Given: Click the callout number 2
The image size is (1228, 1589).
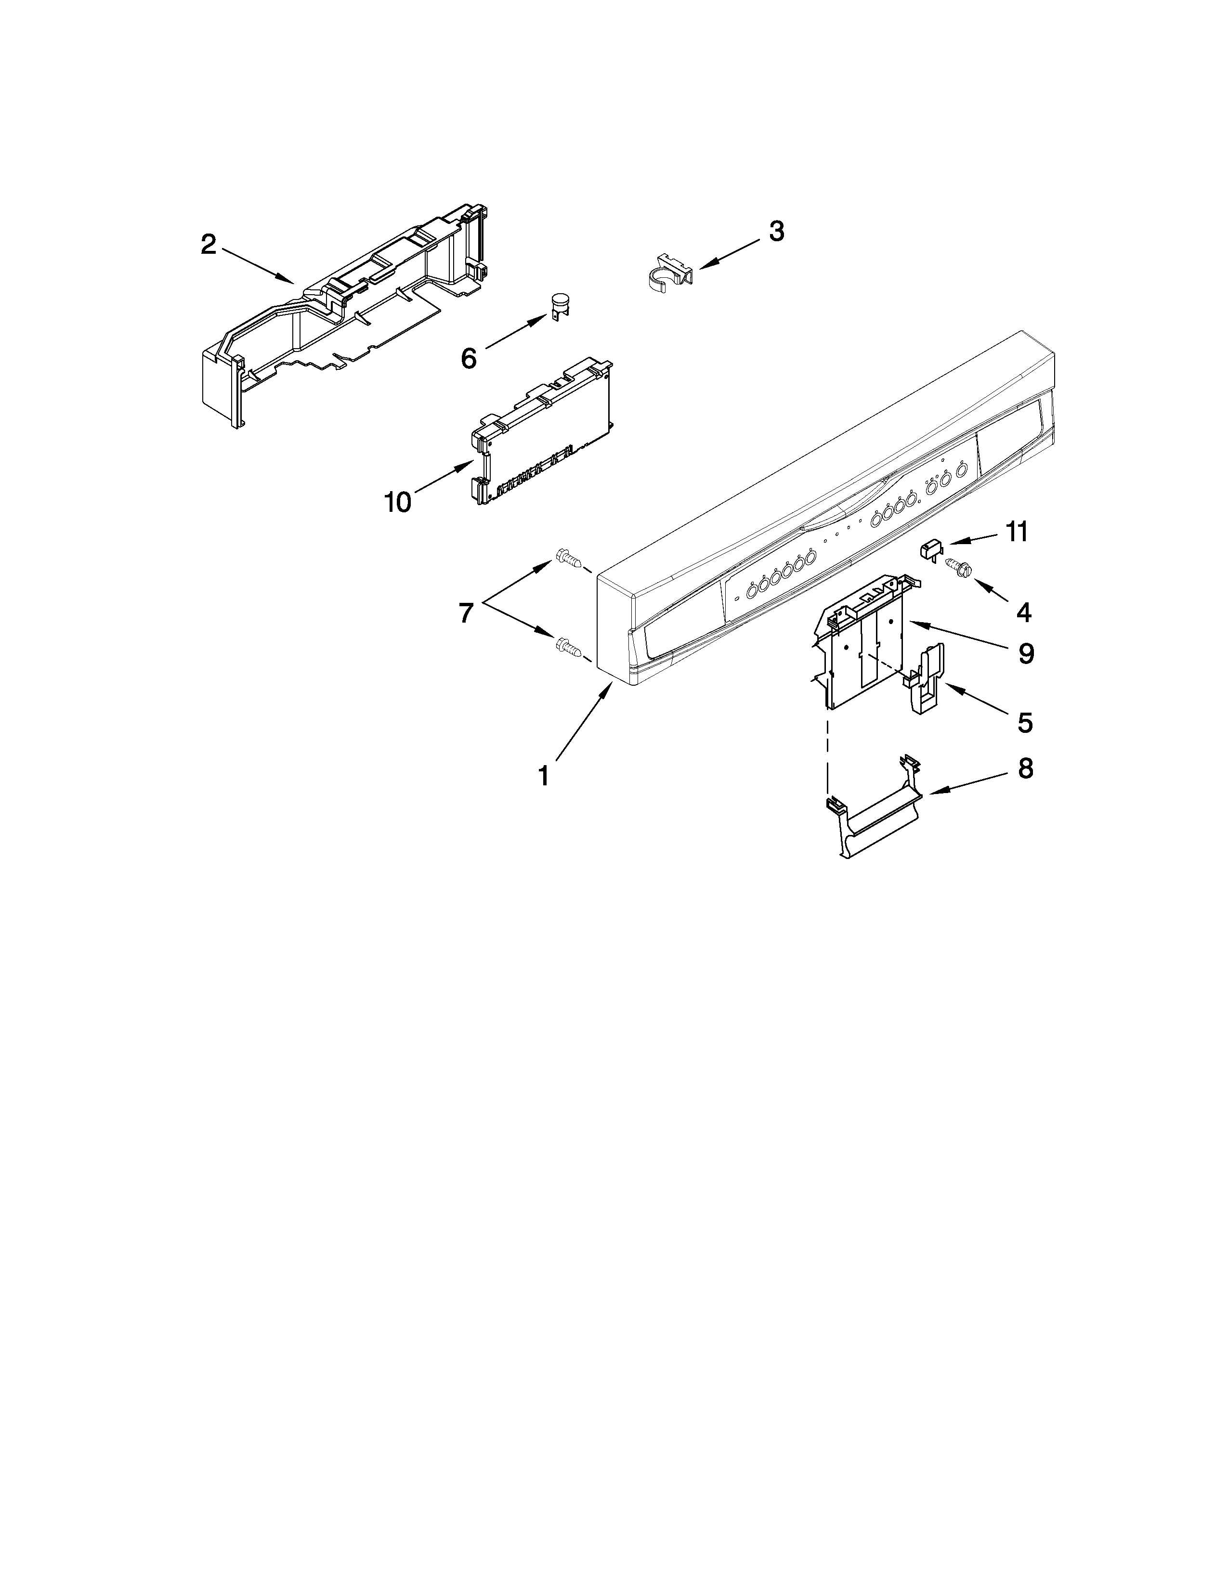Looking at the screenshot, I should tap(209, 245).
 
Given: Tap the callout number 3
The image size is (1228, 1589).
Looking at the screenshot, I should tap(776, 231).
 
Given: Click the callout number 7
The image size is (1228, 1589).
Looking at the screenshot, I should tap(466, 613).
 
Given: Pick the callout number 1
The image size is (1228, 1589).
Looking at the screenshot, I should tap(543, 776).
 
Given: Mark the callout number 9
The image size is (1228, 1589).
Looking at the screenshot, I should tap(1025, 654).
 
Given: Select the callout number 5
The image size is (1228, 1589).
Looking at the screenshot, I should tap(1024, 722).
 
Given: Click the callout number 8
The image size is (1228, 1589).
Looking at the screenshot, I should tap(1025, 769).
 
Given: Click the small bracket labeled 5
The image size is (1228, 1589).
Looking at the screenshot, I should tap(924, 680).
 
